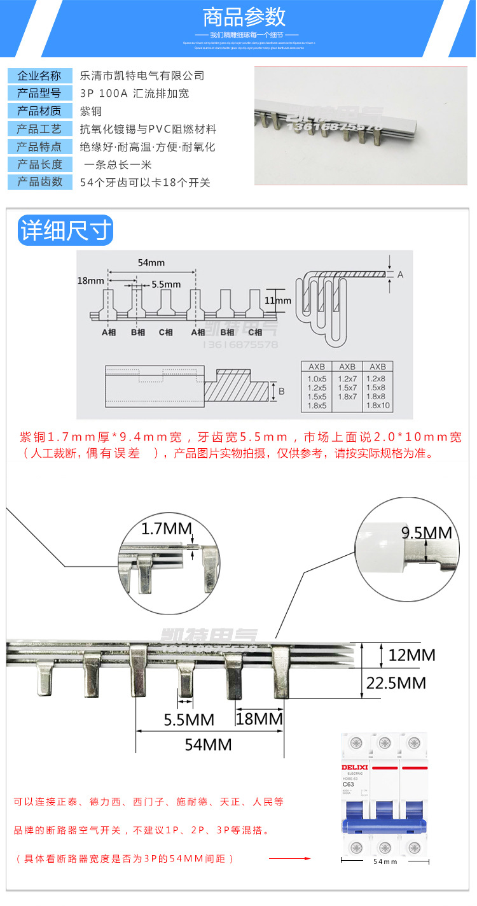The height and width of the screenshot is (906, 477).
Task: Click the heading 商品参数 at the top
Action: pyautogui.click(x=244, y=17)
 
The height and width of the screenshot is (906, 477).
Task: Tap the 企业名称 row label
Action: pyautogui.click(x=39, y=76)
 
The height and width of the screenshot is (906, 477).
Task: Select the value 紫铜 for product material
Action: pyautogui.click(x=90, y=111)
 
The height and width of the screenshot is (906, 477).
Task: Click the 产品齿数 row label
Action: pyautogui.click(x=39, y=182)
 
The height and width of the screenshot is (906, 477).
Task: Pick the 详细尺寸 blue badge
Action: pyautogui.click(x=66, y=230)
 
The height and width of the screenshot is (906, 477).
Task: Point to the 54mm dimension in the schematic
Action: pyautogui.click(x=151, y=262)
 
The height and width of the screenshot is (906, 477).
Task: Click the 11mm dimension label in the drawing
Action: pyautogui.click(x=279, y=301)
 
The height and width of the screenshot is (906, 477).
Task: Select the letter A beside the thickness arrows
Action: pyautogui.click(x=400, y=274)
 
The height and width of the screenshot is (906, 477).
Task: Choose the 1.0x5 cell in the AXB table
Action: pyautogui.click(x=317, y=379)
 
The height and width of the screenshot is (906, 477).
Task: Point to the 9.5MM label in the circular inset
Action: pyautogui.click(x=426, y=532)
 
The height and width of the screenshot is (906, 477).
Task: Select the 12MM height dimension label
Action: pyautogui.click(x=411, y=655)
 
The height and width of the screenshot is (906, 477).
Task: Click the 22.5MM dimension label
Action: pyautogui.click(x=396, y=683)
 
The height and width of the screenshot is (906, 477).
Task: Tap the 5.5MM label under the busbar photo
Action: pyautogui.click(x=189, y=719)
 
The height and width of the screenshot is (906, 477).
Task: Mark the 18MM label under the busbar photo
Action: pyautogui.click(x=259, y=719)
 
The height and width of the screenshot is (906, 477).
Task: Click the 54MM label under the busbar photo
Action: pyautogui.click(x=208, y=744)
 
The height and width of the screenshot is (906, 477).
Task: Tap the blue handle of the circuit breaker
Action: pyautogui.click(x=384, y=826)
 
